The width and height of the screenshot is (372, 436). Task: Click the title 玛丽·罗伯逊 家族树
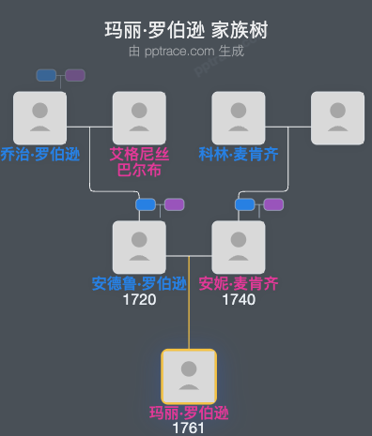tap(186, 30)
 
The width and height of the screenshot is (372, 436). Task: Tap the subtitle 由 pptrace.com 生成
tap(186, 51)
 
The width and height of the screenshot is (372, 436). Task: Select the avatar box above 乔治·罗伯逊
tap(39, 118)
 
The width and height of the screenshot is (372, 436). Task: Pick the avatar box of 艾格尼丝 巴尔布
tap(139, 118)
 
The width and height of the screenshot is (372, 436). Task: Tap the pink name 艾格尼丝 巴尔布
tap(139, 162)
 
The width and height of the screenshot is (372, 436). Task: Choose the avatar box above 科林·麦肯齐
tap(239, 118)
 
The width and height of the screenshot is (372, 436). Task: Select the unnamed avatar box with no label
tap(337, 118)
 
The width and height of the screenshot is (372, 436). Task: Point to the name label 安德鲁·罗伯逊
tap(139, 284)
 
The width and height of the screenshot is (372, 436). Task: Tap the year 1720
tap(139, 300)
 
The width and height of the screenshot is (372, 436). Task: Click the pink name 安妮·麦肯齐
tap(239, 284)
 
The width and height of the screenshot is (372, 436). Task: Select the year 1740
tap(239, 300)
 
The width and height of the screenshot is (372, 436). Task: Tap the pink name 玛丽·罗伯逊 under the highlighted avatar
tap(189, 413)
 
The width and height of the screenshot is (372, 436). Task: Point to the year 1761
tap(189, 428)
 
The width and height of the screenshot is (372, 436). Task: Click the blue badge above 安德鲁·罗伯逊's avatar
tap(146, 204)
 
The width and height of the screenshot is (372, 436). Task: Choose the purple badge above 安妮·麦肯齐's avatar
tap(273, 204)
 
